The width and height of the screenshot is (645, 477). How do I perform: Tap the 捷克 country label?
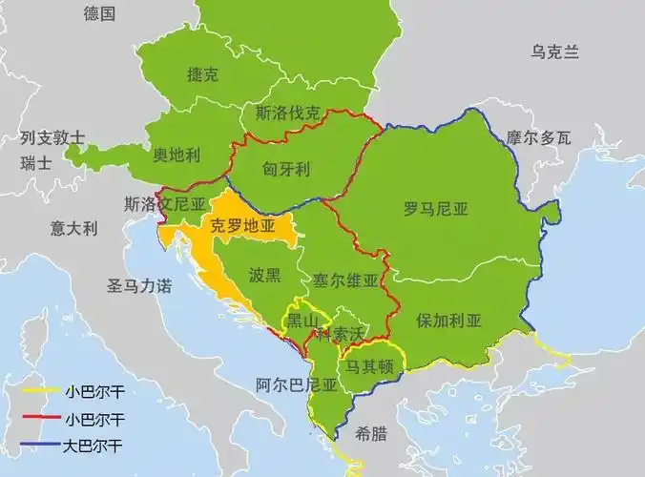(x=203, y=74)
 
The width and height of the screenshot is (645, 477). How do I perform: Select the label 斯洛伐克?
(x=287, y=113)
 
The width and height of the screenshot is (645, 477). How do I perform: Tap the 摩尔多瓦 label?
(x=539, y=138)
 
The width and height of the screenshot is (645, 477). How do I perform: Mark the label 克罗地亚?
(x=242, y=226)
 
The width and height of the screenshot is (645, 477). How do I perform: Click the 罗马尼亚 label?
(x=436, y=207)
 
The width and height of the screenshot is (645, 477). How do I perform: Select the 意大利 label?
(x=74, y=228)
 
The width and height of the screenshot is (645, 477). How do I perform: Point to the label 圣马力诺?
(x=139, y=285)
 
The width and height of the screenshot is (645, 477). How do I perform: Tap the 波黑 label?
(x=264, y=276)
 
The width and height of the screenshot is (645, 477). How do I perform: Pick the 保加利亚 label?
(x=448, y=320)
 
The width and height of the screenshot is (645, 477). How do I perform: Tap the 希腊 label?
(x=371, y=434)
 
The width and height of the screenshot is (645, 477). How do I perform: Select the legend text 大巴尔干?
(x=94, y=445)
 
